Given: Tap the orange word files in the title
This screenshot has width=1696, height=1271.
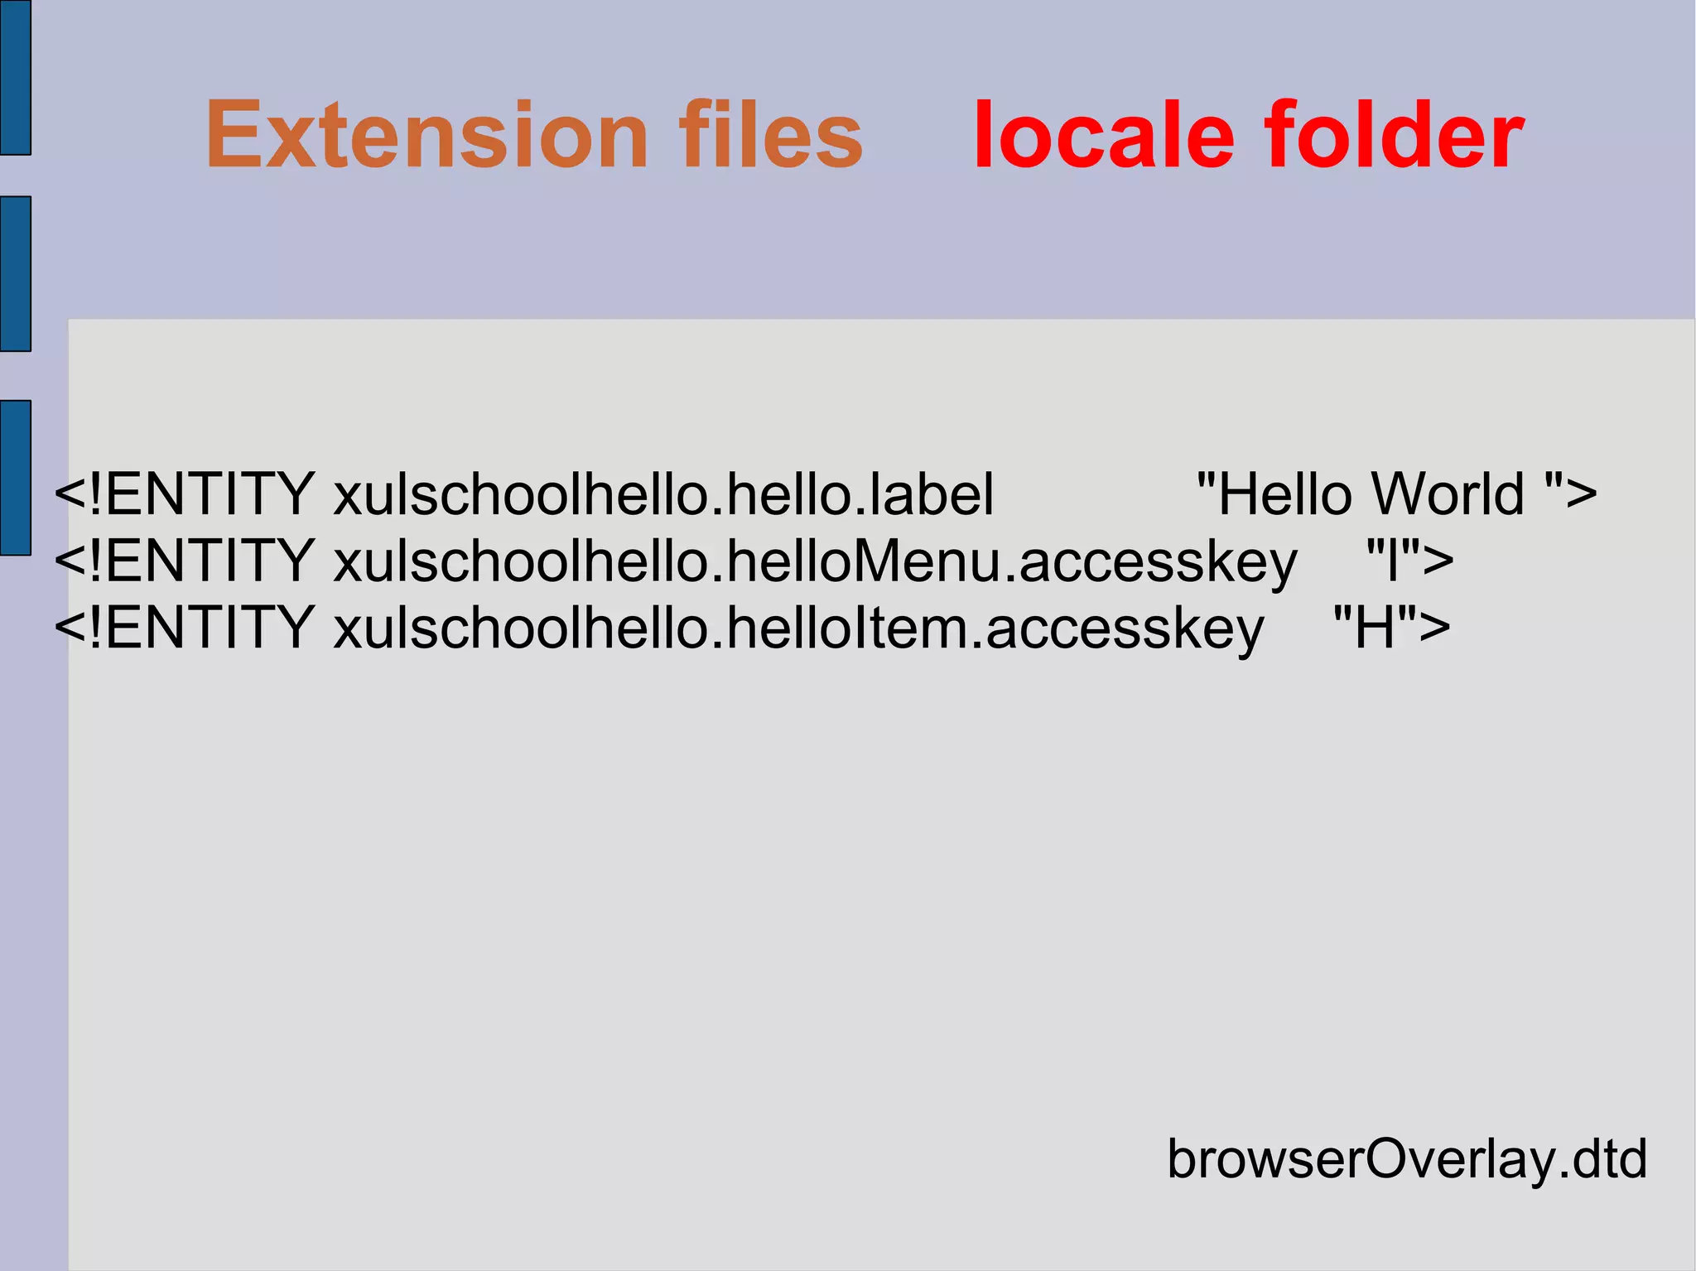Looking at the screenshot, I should click(770, 135).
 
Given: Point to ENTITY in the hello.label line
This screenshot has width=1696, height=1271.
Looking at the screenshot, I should click(209, 494).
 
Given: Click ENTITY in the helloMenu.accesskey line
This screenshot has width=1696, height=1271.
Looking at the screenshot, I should click(209, 561).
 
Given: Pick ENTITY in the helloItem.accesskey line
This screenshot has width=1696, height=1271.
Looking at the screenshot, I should click(209, 627).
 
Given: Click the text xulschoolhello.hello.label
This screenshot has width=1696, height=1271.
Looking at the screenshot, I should click(663, 494).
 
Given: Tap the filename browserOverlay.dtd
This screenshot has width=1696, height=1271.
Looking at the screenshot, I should click(1407, 1158).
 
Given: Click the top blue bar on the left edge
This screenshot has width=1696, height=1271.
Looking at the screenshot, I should click(15, 77).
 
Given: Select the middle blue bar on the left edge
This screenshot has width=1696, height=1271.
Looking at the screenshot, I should click(15, 273).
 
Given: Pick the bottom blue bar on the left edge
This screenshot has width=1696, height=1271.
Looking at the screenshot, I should click(15, 477).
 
